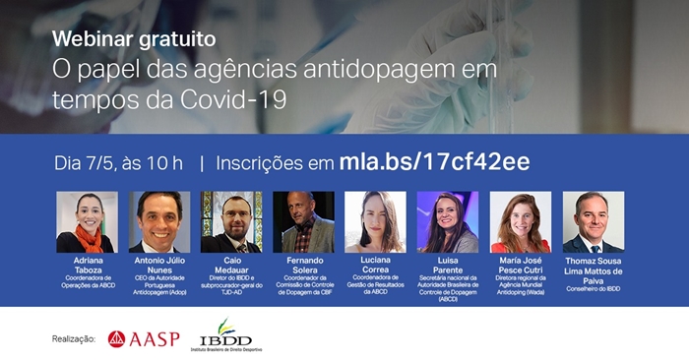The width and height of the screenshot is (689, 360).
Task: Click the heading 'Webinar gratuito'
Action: click(135, 39)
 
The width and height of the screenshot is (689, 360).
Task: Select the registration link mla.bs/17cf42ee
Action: click(434, 161)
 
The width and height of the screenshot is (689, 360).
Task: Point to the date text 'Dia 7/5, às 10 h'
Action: click(119, 162)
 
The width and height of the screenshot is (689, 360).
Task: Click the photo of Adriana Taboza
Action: click(87, 221)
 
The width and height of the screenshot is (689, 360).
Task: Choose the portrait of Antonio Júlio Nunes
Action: click(159, 221)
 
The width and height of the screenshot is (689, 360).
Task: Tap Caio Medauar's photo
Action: click(231, 221)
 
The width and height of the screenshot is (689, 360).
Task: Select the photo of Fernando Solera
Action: click(303, 221)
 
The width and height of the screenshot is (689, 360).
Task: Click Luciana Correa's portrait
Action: click(375, 221)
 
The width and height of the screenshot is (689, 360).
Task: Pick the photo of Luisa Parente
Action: click(448, 221)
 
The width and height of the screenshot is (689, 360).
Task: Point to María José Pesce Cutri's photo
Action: click(520, 221)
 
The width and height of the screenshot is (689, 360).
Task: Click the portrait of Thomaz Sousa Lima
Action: click(593, 221)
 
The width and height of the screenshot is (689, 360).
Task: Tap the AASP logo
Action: click(144, 338)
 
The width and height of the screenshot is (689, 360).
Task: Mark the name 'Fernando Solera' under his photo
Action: click(303, 265)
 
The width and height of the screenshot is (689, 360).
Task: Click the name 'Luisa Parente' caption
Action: click(448, 265)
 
